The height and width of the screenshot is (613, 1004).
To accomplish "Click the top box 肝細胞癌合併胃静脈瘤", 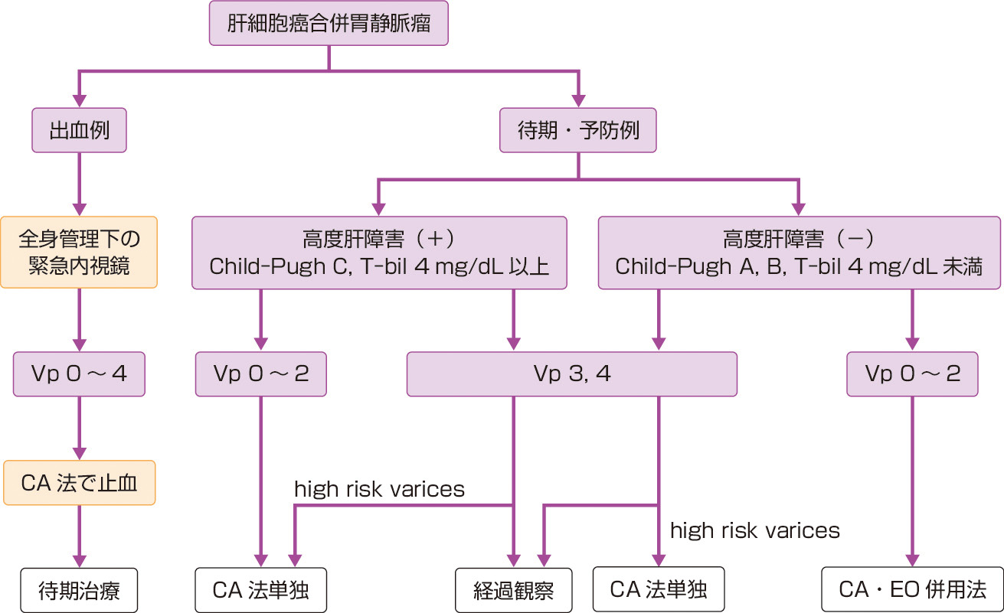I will pos(329,23).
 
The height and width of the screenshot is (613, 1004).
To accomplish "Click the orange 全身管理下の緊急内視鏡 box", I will pos(79,252).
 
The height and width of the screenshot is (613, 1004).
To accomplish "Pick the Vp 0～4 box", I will pos(78,374).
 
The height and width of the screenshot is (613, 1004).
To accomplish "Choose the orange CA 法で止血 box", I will pos(79,483).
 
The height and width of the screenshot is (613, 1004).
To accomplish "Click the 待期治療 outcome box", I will pos(79,590).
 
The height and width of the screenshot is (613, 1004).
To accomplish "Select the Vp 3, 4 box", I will pos(571,374).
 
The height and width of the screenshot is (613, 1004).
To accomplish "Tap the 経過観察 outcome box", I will pos(513,591).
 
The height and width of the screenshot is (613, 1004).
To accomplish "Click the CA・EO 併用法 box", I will pos(911,590).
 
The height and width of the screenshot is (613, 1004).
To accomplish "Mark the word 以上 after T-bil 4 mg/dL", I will pos(532,267).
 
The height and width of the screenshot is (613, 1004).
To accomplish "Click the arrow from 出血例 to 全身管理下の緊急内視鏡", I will pos(78,184).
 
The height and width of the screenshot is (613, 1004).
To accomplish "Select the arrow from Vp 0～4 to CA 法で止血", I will pos(78,429).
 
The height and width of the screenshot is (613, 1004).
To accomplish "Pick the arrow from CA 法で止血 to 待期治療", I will pos(78,536).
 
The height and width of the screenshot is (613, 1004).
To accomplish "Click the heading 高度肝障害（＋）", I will pos(379,240).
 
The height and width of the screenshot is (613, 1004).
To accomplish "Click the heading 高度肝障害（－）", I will pos(798,240).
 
